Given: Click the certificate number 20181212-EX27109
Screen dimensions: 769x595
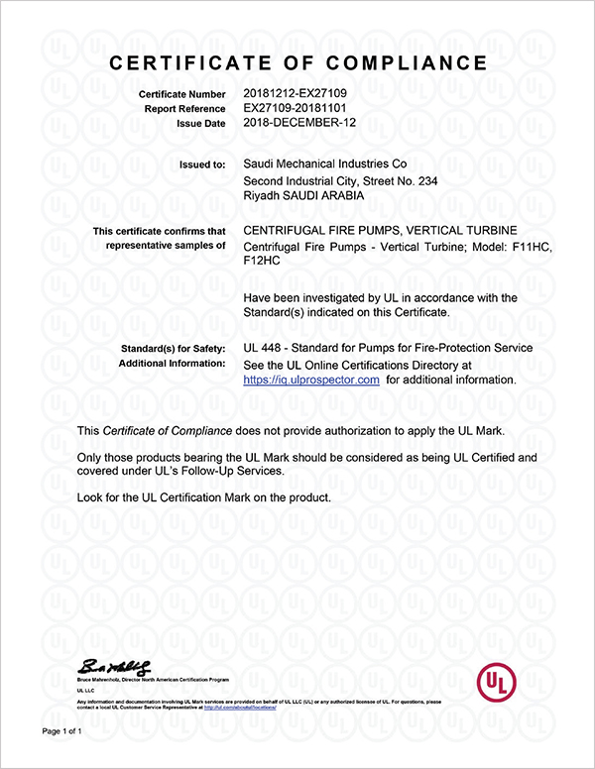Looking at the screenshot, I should (295, 93).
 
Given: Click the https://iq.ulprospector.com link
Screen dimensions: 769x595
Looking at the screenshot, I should (311, 380).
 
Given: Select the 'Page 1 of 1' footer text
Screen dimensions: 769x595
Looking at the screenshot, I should (61, 731).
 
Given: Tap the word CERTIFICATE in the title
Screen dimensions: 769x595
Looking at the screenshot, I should (191, 63).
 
